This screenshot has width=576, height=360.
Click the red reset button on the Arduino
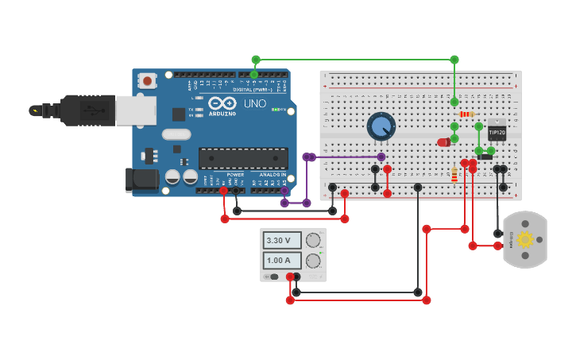147,81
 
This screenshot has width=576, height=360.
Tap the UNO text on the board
254,103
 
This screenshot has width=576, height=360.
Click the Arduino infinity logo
222,103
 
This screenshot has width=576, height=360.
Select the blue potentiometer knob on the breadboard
381,126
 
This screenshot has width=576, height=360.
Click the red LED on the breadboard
443,141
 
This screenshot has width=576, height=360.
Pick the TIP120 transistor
497,131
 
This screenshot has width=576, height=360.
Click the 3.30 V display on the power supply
283,240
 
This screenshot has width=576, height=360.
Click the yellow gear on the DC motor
524,239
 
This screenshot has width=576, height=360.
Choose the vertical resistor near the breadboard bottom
454,174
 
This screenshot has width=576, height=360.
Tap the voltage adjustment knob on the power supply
314,240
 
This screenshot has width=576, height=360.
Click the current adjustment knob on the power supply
314,261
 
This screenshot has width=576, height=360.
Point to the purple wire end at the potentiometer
381,157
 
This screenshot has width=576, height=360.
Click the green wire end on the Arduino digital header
254,74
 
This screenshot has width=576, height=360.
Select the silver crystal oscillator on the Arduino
177,134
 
